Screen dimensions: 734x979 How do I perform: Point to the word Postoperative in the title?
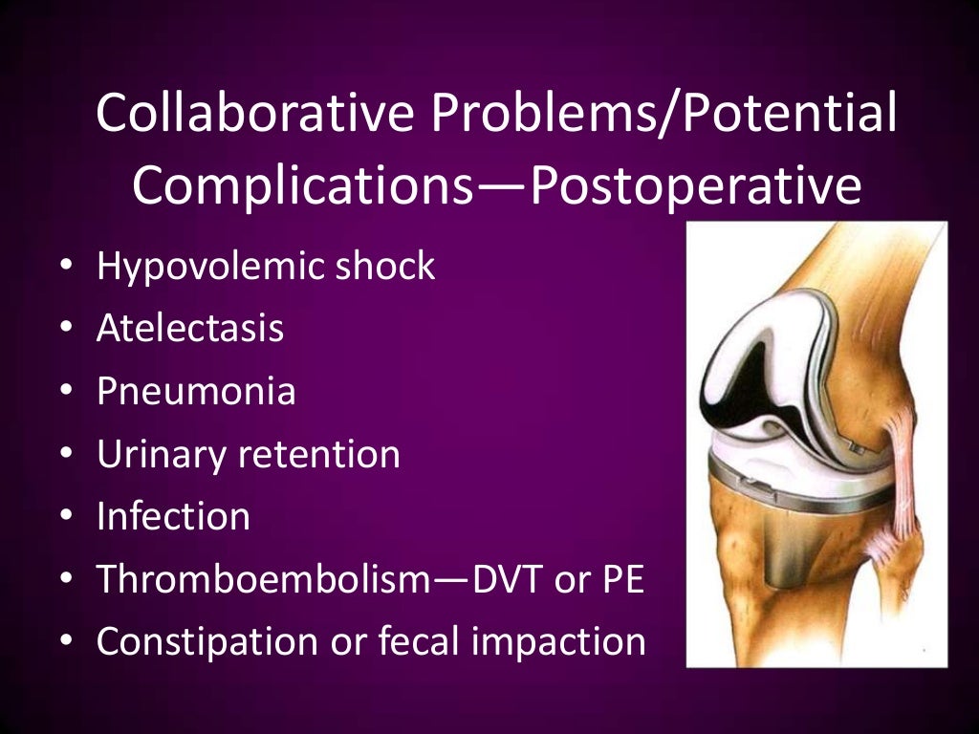[x=695, y=185]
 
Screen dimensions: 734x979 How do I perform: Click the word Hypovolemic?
[x=207, y=266]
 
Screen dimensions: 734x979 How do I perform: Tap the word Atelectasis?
[x=189, y=328]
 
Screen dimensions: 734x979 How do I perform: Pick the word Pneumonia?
[x=196, y=391]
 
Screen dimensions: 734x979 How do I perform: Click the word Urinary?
[x=161, y=454]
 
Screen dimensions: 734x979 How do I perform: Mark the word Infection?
[x=173, y=516]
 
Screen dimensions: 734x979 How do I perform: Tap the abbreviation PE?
[x=622, y=579]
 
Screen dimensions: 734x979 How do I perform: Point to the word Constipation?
[x=210, y=641]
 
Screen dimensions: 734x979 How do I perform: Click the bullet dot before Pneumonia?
[x=65, y=391]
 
